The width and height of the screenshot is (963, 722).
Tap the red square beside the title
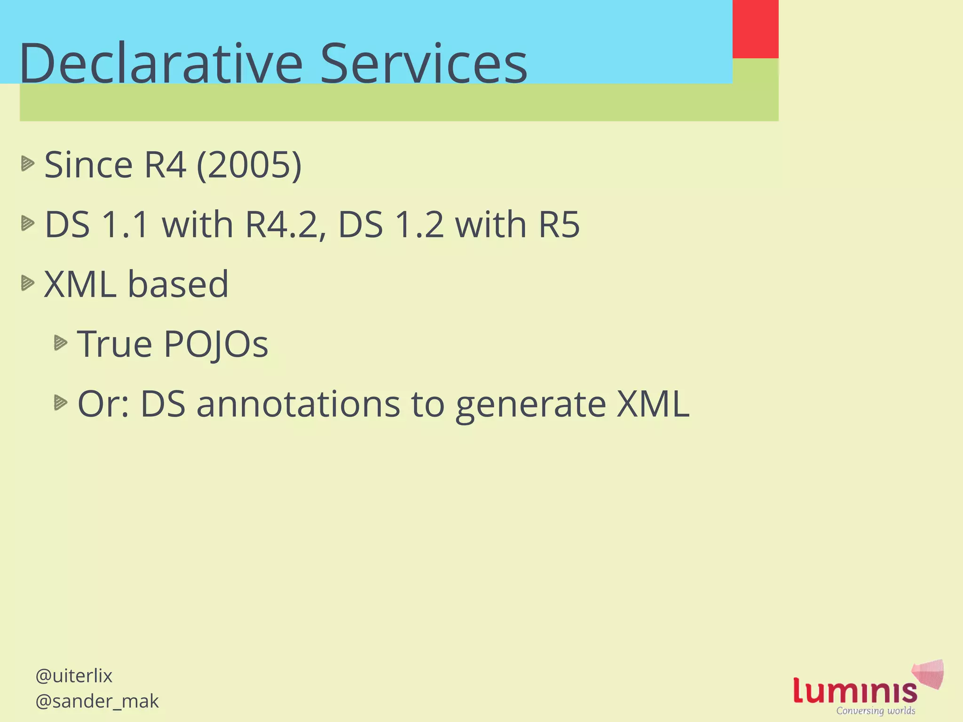pyautogui.click(x=755, y=29)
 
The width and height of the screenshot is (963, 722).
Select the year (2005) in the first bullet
pyautogui.click(x=249, y=165)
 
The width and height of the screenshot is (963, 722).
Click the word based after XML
pyautogui.click(x=178, y=284)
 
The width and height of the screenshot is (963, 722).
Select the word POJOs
pyautogui.click(x=216, y=345)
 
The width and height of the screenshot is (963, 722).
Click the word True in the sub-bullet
pyautogui.click(x=115, y=345)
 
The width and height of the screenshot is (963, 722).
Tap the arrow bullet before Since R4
pyautogui.click(x=28, y=164)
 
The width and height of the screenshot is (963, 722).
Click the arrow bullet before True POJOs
pyautogui.click(x=61, y=343)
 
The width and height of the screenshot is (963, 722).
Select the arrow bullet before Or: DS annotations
pyautogui.click(x=61, y=403)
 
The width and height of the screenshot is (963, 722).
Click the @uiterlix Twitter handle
pyautogui.click(x=74, y=676)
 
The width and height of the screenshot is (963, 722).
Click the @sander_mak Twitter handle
pyautogui.click(x=97, y=701)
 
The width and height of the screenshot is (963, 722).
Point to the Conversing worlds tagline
pyautogui.click(x=876, y=711)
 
